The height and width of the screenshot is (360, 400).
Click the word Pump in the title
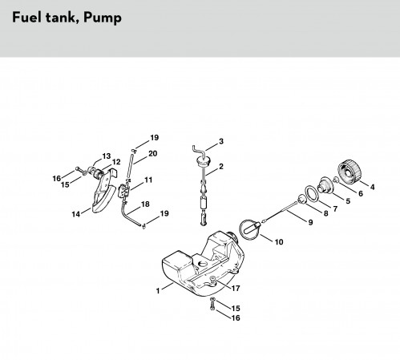[103, 18]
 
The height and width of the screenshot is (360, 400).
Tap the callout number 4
[372, 187]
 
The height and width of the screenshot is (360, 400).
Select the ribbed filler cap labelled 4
[349, 172]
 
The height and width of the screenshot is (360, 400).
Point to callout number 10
[279, 242]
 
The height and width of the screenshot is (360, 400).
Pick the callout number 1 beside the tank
[158, 290]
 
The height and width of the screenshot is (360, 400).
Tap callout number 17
[236, 289]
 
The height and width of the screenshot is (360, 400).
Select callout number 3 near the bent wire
[221, 141]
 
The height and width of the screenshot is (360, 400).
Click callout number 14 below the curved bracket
[76, 214]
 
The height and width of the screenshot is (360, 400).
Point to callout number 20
[152, 154]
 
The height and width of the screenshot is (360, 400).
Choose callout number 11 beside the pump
[148, 180]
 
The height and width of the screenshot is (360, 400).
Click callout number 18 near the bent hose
[145, 204]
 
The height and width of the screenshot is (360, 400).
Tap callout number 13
[106, 156]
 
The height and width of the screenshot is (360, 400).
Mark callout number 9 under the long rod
[310, 222]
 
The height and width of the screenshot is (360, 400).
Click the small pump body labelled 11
[124, 190]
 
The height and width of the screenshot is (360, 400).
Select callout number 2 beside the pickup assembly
[220, 167]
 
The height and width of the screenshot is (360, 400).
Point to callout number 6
[361, 193]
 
